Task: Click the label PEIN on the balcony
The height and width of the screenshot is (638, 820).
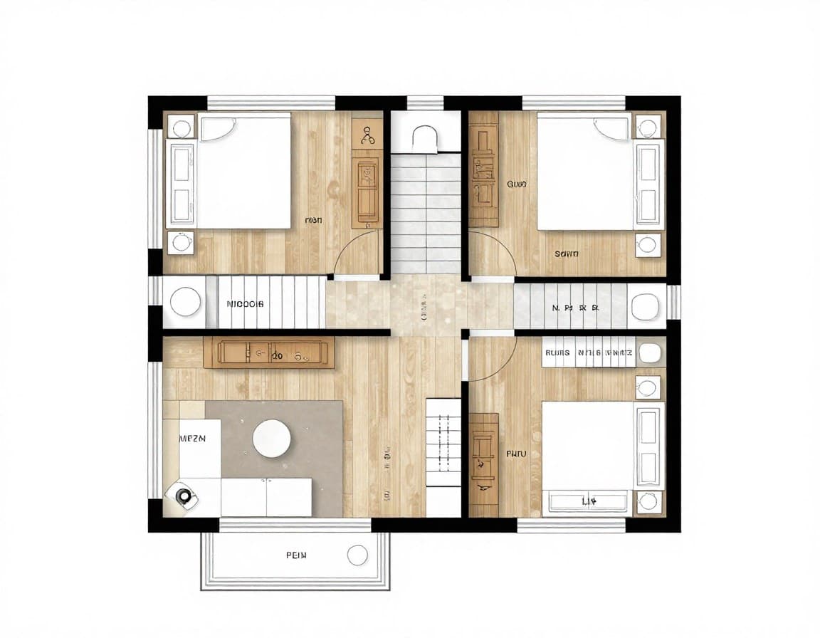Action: point(295,555)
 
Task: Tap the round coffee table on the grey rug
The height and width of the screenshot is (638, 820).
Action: point(272,438)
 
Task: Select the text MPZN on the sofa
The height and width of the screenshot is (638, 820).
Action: point(191,439)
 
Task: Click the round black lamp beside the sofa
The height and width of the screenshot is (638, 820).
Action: point(184,496)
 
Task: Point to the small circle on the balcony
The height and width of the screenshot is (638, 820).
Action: point(357,555)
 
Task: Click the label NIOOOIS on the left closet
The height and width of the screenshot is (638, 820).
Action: point(245,303)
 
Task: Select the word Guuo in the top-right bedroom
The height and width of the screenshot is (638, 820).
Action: point(516,184)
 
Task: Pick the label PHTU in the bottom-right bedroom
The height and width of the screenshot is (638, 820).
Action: point(515,453)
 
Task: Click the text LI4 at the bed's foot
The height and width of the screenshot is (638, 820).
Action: point(589,502)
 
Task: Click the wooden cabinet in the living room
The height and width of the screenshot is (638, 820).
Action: point(269,352)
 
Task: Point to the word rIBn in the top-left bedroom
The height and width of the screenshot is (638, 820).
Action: point(313,221)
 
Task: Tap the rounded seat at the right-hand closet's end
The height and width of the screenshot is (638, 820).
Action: point(645,305)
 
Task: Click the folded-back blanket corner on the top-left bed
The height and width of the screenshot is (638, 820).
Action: point(218,129)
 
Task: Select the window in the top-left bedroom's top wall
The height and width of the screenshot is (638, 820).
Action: point(270,103)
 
